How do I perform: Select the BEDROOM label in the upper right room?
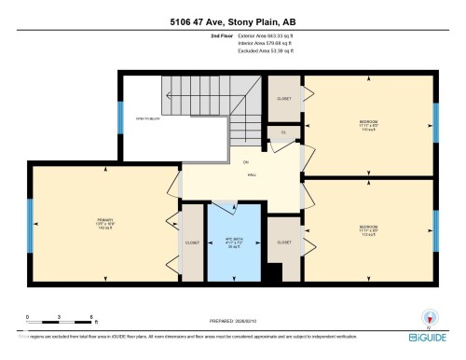click(x=369, y=122)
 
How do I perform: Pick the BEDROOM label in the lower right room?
click(x=369, y=227)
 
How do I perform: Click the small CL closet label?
click(x=282, y=133)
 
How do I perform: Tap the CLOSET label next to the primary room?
click(x=192, y=242)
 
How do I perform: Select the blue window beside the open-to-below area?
click(x=119, y=118)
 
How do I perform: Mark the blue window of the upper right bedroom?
click(x=435, y=121)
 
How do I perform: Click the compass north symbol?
click(x=428, y=318)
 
